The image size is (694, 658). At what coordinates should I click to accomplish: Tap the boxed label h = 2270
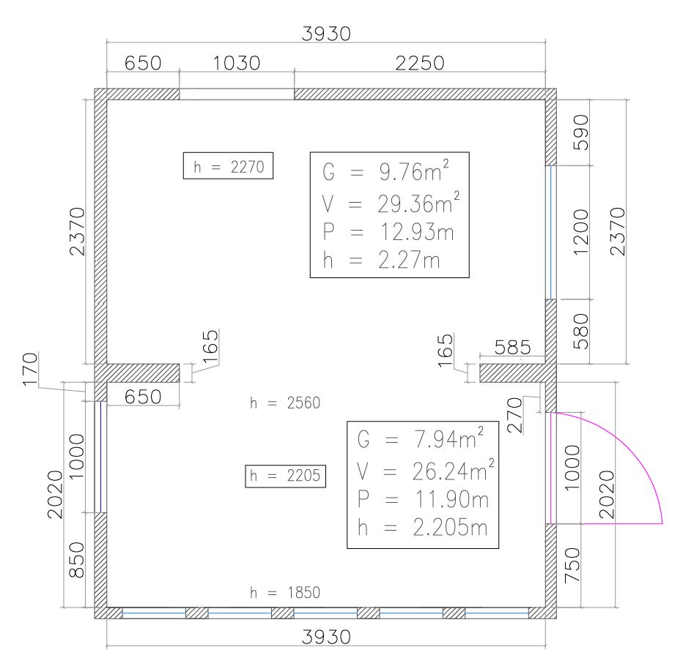pos(229,165)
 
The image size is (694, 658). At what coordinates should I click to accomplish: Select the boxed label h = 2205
pos(286,476)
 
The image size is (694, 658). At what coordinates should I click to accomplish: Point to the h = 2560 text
pos(285,403)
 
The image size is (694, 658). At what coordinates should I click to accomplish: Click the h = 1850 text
pos(285,593)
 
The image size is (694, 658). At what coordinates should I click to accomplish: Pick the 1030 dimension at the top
pos(237,63)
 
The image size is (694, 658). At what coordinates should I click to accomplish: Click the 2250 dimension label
pos(420,63)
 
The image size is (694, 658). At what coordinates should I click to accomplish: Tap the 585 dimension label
pos(512,348)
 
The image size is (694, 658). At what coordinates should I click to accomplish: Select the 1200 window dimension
pos(581,232)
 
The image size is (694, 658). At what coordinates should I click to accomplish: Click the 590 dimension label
pos(581,132)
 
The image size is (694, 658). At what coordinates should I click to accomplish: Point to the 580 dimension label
pos(581,331)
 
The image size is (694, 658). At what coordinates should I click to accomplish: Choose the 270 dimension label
pos(514,415)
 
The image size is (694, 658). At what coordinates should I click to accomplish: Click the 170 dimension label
pos(30,370)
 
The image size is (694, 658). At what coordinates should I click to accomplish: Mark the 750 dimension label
pos(572,565)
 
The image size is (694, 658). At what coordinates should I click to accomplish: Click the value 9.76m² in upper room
pos(414,171)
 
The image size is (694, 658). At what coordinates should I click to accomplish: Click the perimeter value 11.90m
pos(452,499)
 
